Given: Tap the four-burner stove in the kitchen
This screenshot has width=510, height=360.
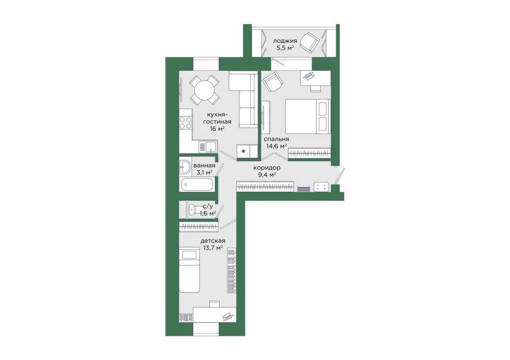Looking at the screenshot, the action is [186, 123].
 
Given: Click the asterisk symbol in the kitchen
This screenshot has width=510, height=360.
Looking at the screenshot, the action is [243, 151].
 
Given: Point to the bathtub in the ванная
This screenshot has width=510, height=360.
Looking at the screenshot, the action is [197, 185].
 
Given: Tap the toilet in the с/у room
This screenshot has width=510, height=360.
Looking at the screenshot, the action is [194, 209].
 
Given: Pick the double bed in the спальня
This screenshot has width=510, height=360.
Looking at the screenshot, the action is [308, 116].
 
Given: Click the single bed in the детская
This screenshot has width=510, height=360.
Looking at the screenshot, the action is [189, 270].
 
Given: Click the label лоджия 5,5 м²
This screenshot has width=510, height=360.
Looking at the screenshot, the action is [285, 44].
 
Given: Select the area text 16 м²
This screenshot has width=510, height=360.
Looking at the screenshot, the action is [217, 128].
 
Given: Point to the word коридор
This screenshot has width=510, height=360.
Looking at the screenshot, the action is [267, 168].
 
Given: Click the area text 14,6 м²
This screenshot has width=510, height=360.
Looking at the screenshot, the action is [276, 146].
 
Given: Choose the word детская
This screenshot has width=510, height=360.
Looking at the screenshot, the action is [213, 241].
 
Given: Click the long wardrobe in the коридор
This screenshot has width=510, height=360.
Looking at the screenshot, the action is [265, 187].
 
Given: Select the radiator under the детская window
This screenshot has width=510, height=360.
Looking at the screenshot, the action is [186, 318].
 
